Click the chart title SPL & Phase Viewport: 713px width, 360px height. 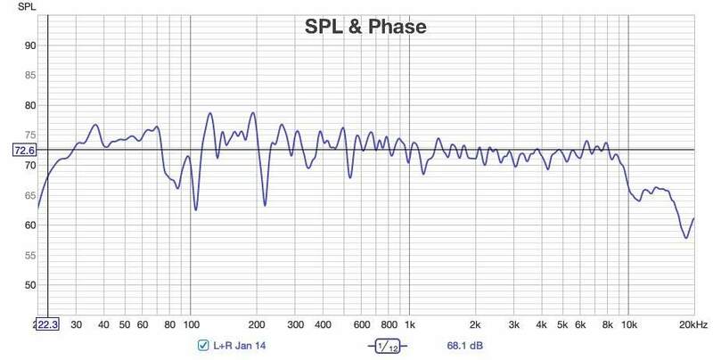[x=362, y=28]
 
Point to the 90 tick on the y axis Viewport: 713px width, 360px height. [x=29, y=46]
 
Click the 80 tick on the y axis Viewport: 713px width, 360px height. [x=29, y=106]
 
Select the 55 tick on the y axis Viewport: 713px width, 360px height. [x=29, y=256]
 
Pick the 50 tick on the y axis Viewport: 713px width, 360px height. [x=29, y=285]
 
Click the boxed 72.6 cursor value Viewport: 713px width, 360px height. [x=24, y=151]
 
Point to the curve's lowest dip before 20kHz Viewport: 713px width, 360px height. [x=685, y=238]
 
